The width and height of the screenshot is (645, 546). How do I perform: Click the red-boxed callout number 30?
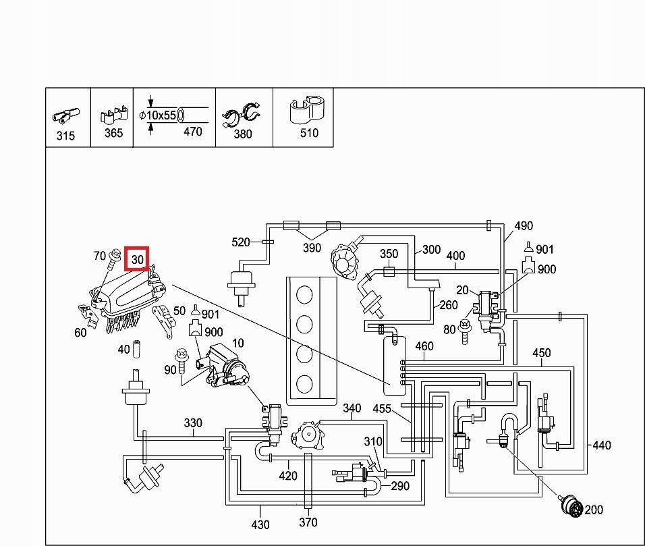coord(138,259)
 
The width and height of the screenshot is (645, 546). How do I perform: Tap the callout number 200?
coord(594,510)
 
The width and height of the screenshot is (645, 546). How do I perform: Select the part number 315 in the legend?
coord(65,136)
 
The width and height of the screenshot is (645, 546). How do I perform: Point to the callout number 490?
coord(524,226)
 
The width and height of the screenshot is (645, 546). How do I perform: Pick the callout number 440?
coord(601,445)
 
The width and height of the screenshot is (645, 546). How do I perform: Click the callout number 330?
coord(193,423)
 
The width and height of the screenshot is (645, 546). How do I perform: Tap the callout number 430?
coord(260,524)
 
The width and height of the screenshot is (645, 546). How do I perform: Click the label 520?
coord(241,242)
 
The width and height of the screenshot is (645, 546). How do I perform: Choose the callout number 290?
coord(400,486)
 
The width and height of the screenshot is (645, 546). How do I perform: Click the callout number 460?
coord(424,347)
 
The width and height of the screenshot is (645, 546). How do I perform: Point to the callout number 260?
coord(449,304)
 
